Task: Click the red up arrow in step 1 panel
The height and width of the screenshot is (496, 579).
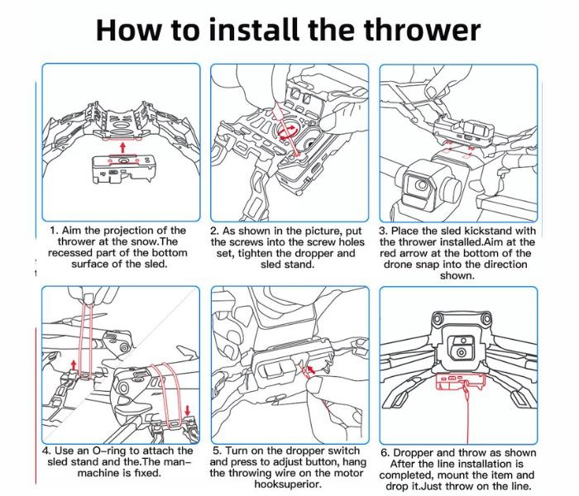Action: click(x=122, y=148)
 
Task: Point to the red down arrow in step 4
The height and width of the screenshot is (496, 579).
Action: click(x=188, y=410)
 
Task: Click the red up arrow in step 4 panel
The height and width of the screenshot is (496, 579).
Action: click(x=74, y=365)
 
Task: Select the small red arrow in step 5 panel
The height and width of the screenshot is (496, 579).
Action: click(x=311, y=369)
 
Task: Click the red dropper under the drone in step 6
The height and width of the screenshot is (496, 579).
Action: click(x=460, y=381)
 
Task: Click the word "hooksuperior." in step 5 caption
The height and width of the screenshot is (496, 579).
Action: click(x=288, y=484)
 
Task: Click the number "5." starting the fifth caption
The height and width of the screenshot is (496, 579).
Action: click(x=218, y=451)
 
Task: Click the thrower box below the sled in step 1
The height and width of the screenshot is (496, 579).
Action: click(x=122, y=169)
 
